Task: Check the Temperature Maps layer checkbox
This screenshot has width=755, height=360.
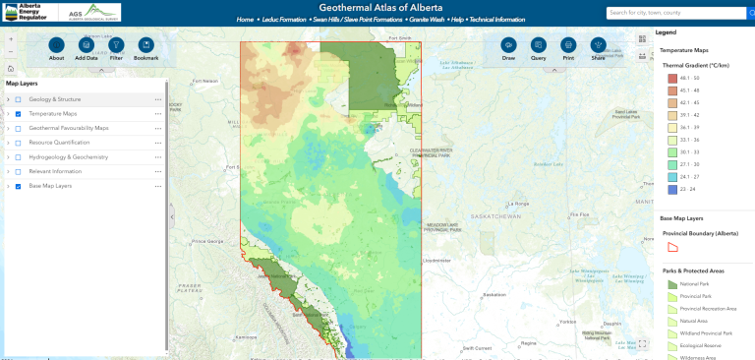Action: [18, 114]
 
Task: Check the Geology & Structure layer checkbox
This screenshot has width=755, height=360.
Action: [18, 99]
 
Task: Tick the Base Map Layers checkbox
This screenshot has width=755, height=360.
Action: [18, 186]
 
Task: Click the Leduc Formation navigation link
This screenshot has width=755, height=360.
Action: [283, 20]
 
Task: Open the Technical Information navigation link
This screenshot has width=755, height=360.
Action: [497, 20]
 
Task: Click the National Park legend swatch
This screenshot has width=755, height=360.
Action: [672, 283]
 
